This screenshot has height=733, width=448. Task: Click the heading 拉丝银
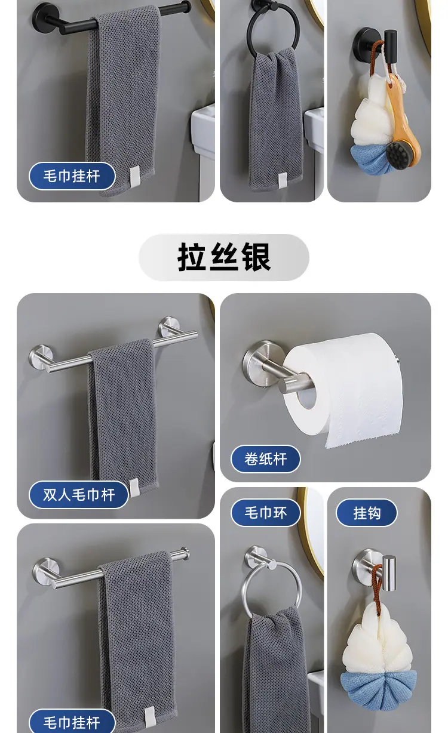(x=224, y=257)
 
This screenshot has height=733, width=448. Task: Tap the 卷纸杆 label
(x=266, y=459)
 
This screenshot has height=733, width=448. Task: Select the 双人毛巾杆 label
(x=79, y=495)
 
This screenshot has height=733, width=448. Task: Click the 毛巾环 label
(x=266, y=513)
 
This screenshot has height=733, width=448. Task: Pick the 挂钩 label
(x=367, y=513)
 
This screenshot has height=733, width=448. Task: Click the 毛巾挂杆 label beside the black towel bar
(x=72, y=176)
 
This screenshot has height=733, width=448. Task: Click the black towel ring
(x=249, y=36)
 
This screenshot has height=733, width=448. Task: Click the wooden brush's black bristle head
(x=398, y=155)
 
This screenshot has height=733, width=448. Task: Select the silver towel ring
(x=244, y=589)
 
